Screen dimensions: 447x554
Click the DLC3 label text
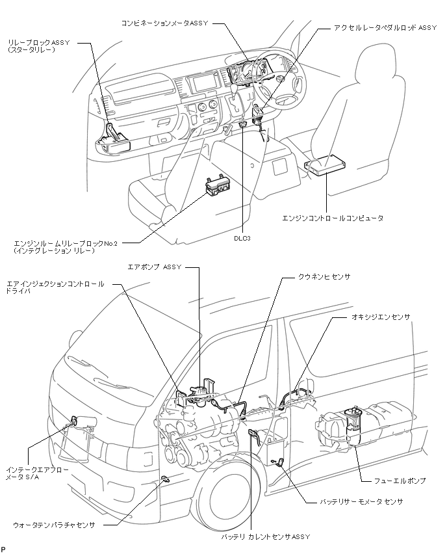tap(242, 238)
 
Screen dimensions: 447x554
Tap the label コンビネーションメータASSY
tap(165, 23)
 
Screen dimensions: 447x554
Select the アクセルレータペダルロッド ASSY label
tap(385, 27)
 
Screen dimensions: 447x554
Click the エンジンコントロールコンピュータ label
tap(333, 218)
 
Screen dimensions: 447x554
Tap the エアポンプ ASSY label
tap(154, 267)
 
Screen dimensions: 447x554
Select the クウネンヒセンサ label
tap(324, 276)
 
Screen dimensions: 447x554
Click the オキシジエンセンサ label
tap(381, 317)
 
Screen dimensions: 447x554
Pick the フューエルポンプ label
tap(400, 481)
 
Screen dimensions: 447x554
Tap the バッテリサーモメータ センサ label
tap(361, 501)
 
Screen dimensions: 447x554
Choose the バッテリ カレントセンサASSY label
tap(266, 536)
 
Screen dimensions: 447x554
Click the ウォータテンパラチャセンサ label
tap(54, 525)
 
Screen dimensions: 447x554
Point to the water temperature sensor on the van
tap(165, 479)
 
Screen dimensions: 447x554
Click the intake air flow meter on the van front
tap(74, 421)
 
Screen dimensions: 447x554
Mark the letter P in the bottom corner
tap(3, 549)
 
